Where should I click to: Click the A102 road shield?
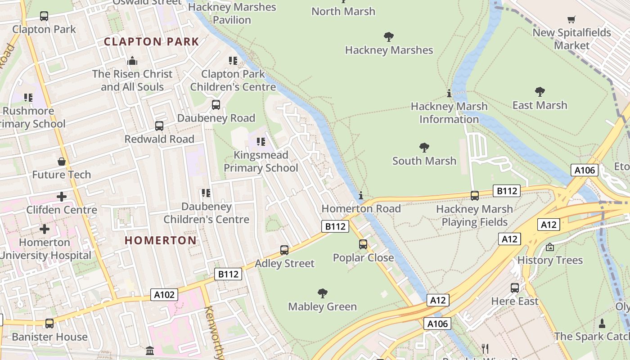pyautogui.click(x=164, y=295)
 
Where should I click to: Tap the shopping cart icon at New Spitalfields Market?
pyautogui.click(x=571, y=19)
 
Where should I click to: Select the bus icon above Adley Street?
pyautogui.click(x=284, y=250)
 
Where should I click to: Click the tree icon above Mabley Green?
pyautogui.click(x=322, y=293)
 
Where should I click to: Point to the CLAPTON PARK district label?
pyautogui.click(x=151, y=42)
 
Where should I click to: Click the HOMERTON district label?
pyautogui.click(x=161, y=240)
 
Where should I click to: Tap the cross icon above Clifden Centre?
pyautogui.click(x=62, y=197)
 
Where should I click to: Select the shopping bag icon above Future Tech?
pyautogui.click(x=62, y=161)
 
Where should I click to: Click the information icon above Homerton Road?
pyautogui.click(x=361, y=195)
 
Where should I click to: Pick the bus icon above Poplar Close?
pyautogui.click(x=363, y=244)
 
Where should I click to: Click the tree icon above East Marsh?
pyautogui.click(x=540, y=92)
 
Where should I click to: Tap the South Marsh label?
pyautogui.click(x=424, y=161)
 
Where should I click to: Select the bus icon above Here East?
pyautogui.click(x=515, y=288)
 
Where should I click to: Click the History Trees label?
pyautogui.click(x=550, y=260)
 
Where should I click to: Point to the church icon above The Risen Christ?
pyautogui.click(x=132, y=60)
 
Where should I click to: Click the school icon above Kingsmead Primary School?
pyautogui.click(x=261, y=142)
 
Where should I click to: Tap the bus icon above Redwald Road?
pyautogui.click(x=159, y=126)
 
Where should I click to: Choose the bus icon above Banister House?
pyautogui.click(x=49, y=323)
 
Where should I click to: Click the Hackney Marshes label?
pyautogui.click(x=389, y=50)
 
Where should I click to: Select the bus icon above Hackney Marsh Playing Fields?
pyautogui.click(x=474, y=195)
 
